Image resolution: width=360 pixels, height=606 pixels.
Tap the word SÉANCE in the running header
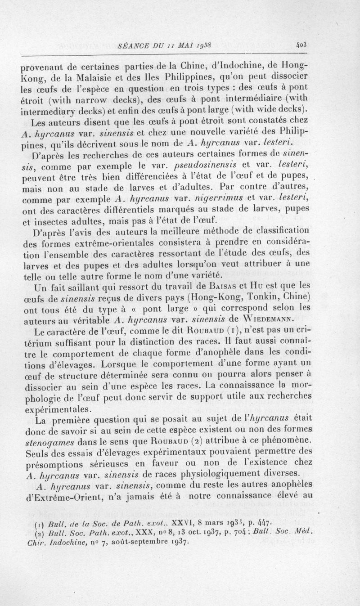coord(131,45)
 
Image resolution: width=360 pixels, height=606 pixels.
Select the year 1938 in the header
coord(208,45)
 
